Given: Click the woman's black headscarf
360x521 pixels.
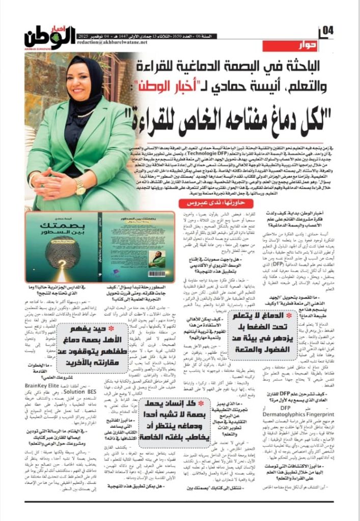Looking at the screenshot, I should coord(76,76).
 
